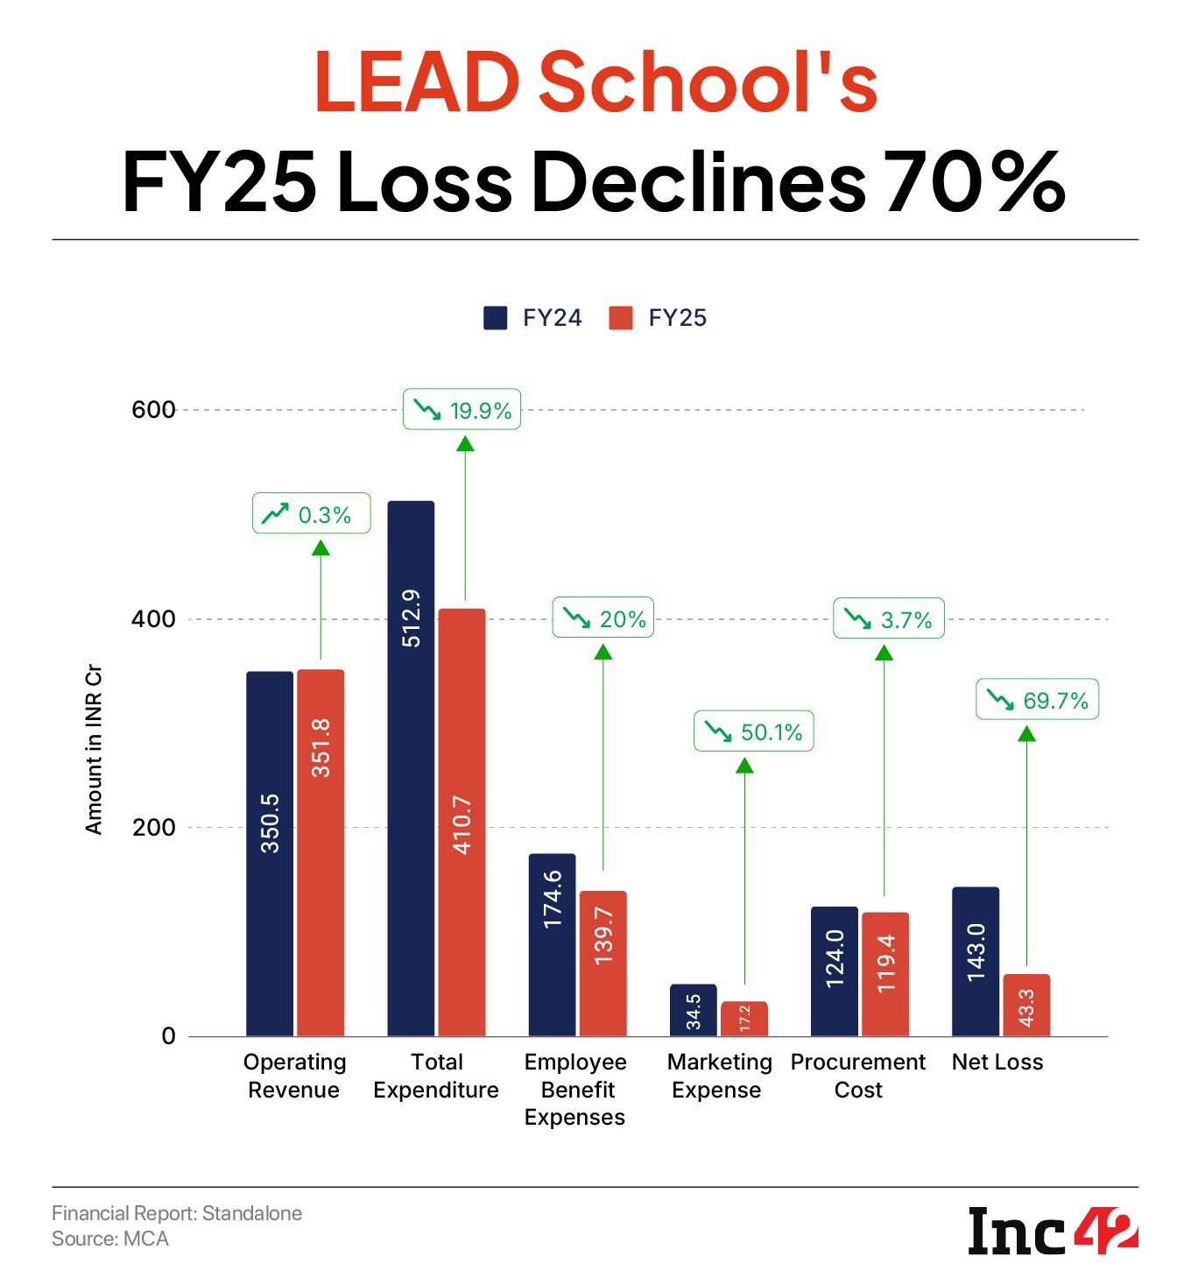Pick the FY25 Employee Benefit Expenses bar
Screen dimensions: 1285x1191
coord(603,963)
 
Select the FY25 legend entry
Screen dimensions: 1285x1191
coord(658,317)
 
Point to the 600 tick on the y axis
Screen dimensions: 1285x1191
coord(154,409)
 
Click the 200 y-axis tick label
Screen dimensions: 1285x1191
coord(154,827)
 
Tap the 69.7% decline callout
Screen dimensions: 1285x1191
coord(1037,701)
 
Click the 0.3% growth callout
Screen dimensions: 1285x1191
coord(311,514)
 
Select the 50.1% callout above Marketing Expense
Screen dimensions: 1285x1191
coord(753,731)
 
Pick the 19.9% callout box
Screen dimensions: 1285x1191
coord(462,409)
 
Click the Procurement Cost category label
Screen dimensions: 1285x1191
coord(857,1076)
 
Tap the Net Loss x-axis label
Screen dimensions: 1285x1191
coord(997,1062)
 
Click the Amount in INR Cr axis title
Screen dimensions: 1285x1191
coord(94,753)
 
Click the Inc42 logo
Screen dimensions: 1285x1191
coord(1053,1231)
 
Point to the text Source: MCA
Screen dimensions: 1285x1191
coord(110,1239)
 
